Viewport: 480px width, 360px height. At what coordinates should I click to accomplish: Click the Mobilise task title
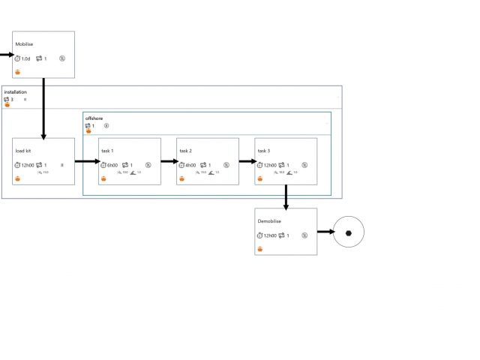click(24, 44)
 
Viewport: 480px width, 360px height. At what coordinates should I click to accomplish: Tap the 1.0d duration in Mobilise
click(25, 58)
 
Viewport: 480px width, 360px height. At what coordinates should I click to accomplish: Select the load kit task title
click(23, 151)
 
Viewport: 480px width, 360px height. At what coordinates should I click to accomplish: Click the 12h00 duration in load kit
click(28, 165)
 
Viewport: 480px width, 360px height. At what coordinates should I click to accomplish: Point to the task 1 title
click(107, 151)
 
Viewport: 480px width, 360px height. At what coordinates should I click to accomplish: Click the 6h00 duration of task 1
click(112, 165)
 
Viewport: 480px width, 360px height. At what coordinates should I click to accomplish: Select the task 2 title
click(186, 151)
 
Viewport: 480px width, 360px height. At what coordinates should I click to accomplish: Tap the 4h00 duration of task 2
click(190, 165)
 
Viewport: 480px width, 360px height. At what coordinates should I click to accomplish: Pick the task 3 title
click(264, 151)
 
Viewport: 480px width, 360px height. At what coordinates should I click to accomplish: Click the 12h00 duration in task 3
click(270, 165)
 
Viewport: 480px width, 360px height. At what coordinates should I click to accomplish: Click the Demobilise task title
click(268, 221)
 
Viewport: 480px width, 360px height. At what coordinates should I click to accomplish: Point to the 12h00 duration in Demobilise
click(270, 235)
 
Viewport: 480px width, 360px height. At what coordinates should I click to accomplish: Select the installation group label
click(16, 92)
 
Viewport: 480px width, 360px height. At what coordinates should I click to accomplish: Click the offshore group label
click(94, 118)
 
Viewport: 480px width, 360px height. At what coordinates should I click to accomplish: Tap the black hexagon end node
click(349, 232)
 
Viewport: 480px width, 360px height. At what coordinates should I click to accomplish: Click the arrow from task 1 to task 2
click(169, 161)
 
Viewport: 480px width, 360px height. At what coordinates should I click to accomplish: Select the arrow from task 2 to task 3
click(247, 161)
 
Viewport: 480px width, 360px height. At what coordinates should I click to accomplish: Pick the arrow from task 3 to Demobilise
click(286, 196)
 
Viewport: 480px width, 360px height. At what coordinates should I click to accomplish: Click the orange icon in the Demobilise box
click(260, 248)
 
